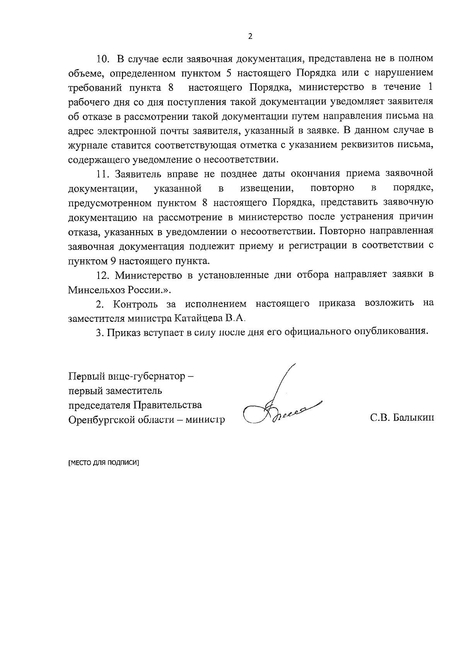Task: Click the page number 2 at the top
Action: [250, 37]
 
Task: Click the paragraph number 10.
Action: [103, 59]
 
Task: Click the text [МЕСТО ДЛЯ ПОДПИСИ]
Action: [103, 463]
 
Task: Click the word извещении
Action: [266, 188]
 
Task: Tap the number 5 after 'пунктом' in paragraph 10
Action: [228, 73]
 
